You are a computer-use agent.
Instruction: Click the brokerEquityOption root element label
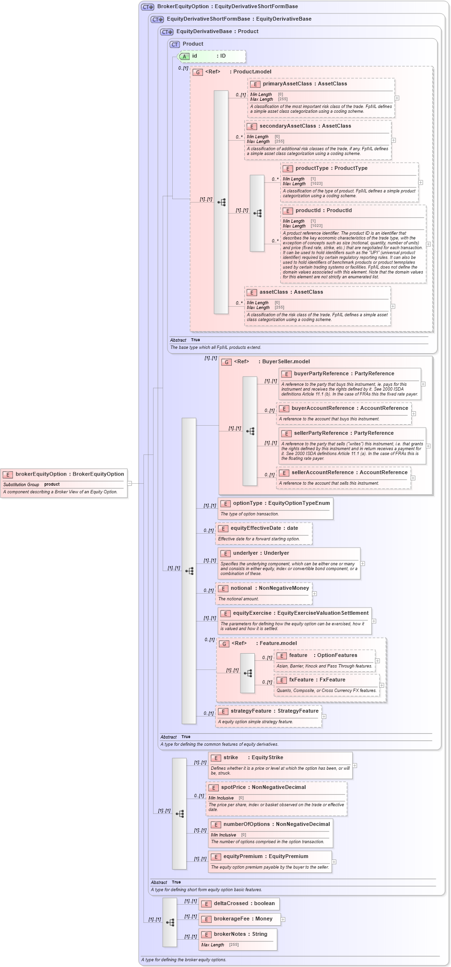[x=70, y=474]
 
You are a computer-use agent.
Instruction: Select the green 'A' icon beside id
[x=184, y=57]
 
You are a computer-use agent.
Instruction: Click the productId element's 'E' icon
[x=287, y=211]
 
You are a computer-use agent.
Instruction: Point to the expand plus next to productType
[x=421, y=182]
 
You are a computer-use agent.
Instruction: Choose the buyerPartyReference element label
[x=344, y=374]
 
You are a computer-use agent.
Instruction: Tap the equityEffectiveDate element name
[x=264, y=528]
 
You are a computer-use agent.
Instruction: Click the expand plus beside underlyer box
[x=363, y=564]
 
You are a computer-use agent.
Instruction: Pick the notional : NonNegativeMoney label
[x=270, y=588]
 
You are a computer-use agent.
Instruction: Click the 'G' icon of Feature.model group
[x=224, y=644]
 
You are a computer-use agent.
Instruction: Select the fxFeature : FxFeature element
[x=317, y=680]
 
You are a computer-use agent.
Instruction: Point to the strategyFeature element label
[x=274, y=711]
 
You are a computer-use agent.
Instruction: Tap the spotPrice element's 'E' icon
[x=214, y=788]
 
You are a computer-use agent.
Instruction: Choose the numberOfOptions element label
[x=276, y=824]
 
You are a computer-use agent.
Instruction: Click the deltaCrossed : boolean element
[x=244, y=904]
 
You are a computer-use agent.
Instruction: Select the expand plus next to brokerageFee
[x=283, y=919]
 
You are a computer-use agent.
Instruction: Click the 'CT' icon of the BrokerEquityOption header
[x=147, y=7]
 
